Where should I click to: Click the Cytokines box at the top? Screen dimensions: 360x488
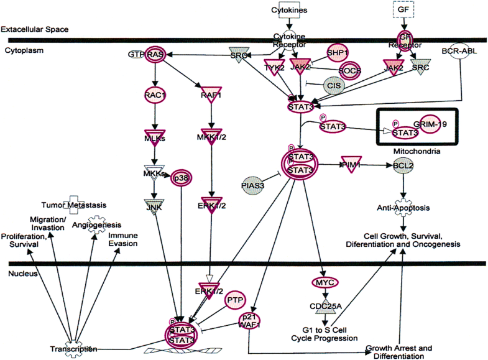coord(288,10)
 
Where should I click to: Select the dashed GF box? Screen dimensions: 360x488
coord(403,9)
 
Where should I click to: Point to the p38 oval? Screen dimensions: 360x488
coord(180,177)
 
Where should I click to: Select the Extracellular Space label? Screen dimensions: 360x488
coord(34,29)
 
